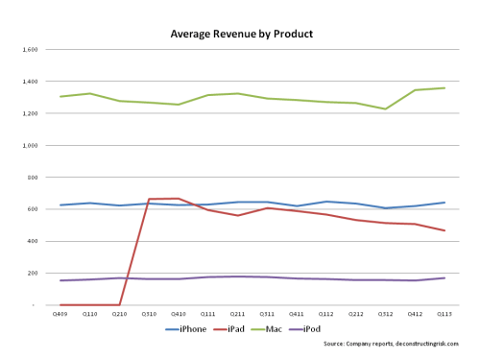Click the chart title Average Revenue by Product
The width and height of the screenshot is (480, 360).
point(241,33)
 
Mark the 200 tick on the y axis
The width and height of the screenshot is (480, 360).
point(32,274)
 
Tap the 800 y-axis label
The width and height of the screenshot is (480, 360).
point(32,178)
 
